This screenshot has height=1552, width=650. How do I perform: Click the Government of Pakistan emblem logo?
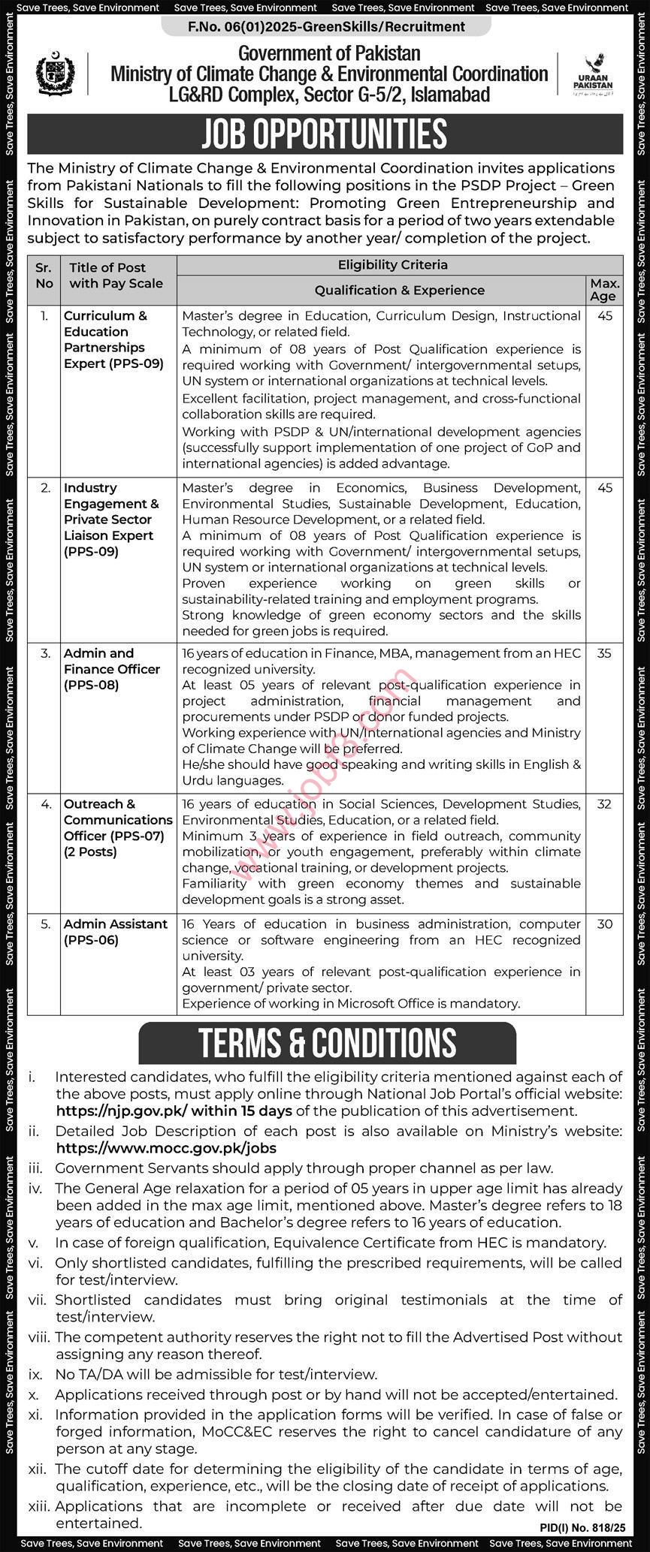56,74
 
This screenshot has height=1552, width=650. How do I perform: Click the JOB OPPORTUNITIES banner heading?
325,134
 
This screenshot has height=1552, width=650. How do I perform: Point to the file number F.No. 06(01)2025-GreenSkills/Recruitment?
326,27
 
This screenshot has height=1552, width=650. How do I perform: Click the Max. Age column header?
605,290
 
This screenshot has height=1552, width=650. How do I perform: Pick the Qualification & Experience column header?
399,291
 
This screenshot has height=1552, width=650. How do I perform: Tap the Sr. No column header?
44,275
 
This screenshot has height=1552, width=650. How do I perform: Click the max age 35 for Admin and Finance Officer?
605,654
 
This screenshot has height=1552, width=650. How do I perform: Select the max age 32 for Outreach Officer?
605,804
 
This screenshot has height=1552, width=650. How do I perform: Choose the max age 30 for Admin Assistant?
605,924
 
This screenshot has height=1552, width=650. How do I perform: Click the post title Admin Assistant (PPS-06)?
116,932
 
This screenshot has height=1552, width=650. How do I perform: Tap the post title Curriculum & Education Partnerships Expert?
113,339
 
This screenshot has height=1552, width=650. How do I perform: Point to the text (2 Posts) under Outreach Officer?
90,852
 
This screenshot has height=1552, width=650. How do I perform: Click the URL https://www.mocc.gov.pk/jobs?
166,1148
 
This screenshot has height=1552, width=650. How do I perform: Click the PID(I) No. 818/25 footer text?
582,1527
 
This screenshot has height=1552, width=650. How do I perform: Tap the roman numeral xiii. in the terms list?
38,1506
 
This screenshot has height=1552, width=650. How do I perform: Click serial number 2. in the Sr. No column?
46,488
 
